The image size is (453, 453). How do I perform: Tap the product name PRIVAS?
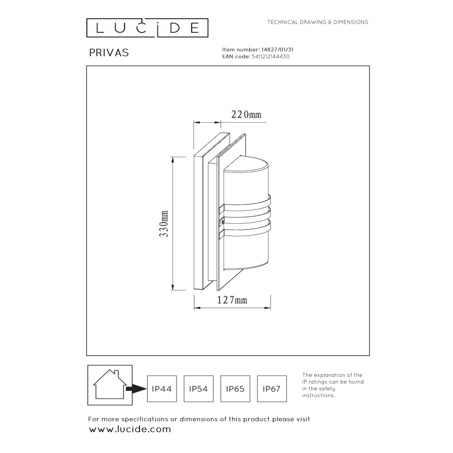click(x=109, y=53)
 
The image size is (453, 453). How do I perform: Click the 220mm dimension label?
click(x=247, y=115)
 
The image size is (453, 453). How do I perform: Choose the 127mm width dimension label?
click(x=232, y=299)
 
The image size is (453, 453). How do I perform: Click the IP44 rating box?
click(x=161, y=388)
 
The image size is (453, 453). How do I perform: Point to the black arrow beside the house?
click(x=135, y=389)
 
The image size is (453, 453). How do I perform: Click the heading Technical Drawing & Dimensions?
click(x=318, y=22)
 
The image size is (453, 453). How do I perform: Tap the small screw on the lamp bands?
click(x=221, y=222)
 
